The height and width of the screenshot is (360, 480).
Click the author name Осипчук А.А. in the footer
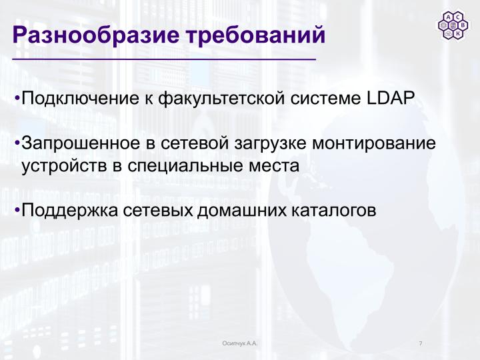239,343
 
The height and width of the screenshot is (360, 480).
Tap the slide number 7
421,343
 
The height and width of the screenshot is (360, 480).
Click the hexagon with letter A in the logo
448,17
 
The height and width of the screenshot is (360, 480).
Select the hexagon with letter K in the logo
457,33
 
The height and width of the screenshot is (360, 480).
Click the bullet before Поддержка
17,210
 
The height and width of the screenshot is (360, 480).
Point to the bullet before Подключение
17,99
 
